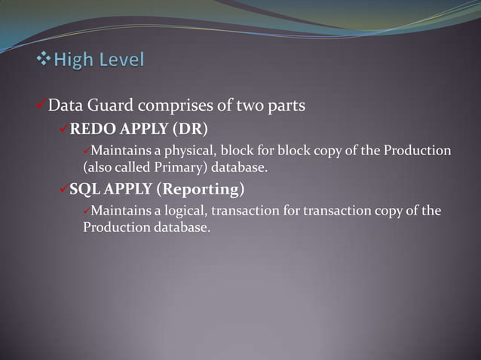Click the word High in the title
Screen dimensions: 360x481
pos(76,59)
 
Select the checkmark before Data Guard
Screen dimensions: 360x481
pos(41,105)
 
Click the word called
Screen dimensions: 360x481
pos(125,166)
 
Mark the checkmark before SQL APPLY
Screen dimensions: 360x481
pos(63,187)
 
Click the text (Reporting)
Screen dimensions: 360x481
pos(199,188)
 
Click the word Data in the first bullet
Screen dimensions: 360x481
pos(64,105)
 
